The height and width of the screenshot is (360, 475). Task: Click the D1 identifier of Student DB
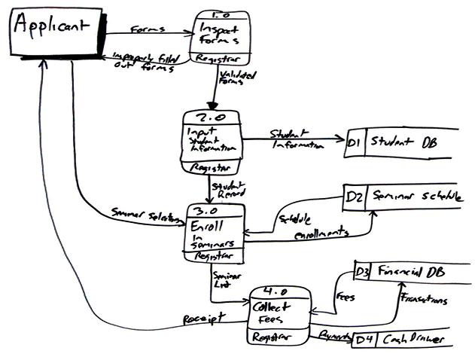[356, 141]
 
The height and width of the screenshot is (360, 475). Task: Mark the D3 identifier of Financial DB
[363, 270]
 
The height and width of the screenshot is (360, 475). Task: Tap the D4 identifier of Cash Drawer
[363, 340]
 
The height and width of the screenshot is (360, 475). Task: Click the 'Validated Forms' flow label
[236, 78]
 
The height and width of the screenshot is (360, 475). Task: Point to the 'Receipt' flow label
[202, 320]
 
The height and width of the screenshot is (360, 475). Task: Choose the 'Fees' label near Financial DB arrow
[346, 297]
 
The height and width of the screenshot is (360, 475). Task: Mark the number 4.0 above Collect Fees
[280, 290]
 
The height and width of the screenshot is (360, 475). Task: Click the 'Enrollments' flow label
[321, 235]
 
